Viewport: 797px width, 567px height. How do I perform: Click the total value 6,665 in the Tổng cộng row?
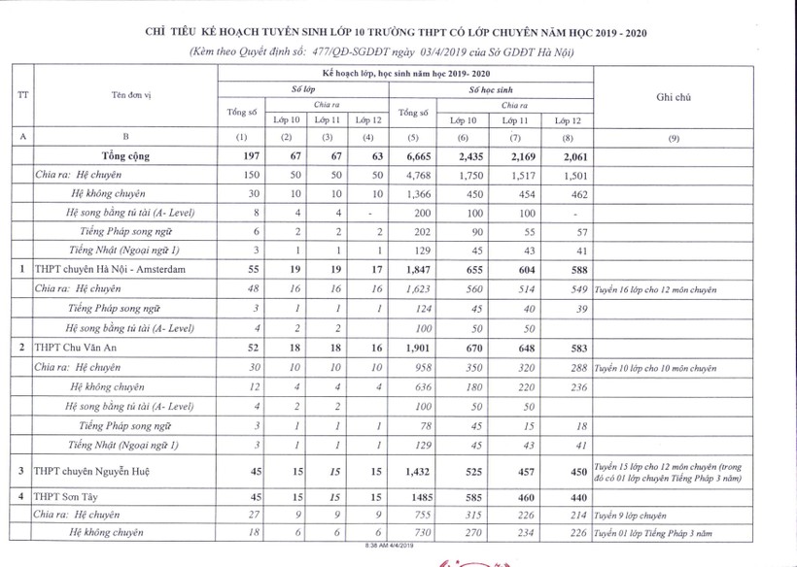tap(413, 155)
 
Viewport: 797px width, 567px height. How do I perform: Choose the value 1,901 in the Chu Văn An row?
tap(413, 347)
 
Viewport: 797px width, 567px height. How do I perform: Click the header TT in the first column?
tap(22, 93)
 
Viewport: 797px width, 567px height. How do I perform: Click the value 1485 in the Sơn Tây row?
tap(413, 497)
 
